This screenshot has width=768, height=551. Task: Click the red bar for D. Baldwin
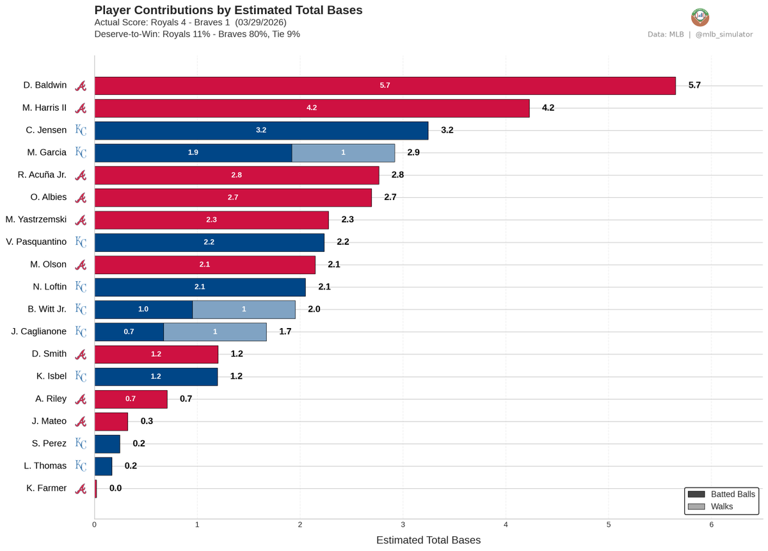pos(385,85)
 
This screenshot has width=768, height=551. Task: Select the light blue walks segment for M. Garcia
pos(343,152)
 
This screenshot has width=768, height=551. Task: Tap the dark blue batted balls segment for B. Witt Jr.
pos(143,309)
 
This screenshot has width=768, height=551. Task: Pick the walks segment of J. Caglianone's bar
pos(215,332)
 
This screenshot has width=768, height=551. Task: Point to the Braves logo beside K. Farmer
pos(81,489)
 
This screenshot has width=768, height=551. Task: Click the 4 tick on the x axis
pos(506,524)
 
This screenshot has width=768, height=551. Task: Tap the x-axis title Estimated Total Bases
pos(428,540)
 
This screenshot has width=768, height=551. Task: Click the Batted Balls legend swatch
pos(696,494)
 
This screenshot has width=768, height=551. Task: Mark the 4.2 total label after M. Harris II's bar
pos(548,108)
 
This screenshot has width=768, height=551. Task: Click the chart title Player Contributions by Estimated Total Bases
pos(228,10)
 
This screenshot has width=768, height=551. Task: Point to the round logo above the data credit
pos(700,17)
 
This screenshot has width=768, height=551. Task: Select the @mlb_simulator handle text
pos(724,34)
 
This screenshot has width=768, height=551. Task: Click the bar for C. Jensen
pos(261,130)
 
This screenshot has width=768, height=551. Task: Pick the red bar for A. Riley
pos(131,399)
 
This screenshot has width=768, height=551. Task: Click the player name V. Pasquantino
pos(36,242)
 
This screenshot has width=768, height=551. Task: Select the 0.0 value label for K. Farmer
pos(115,488)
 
